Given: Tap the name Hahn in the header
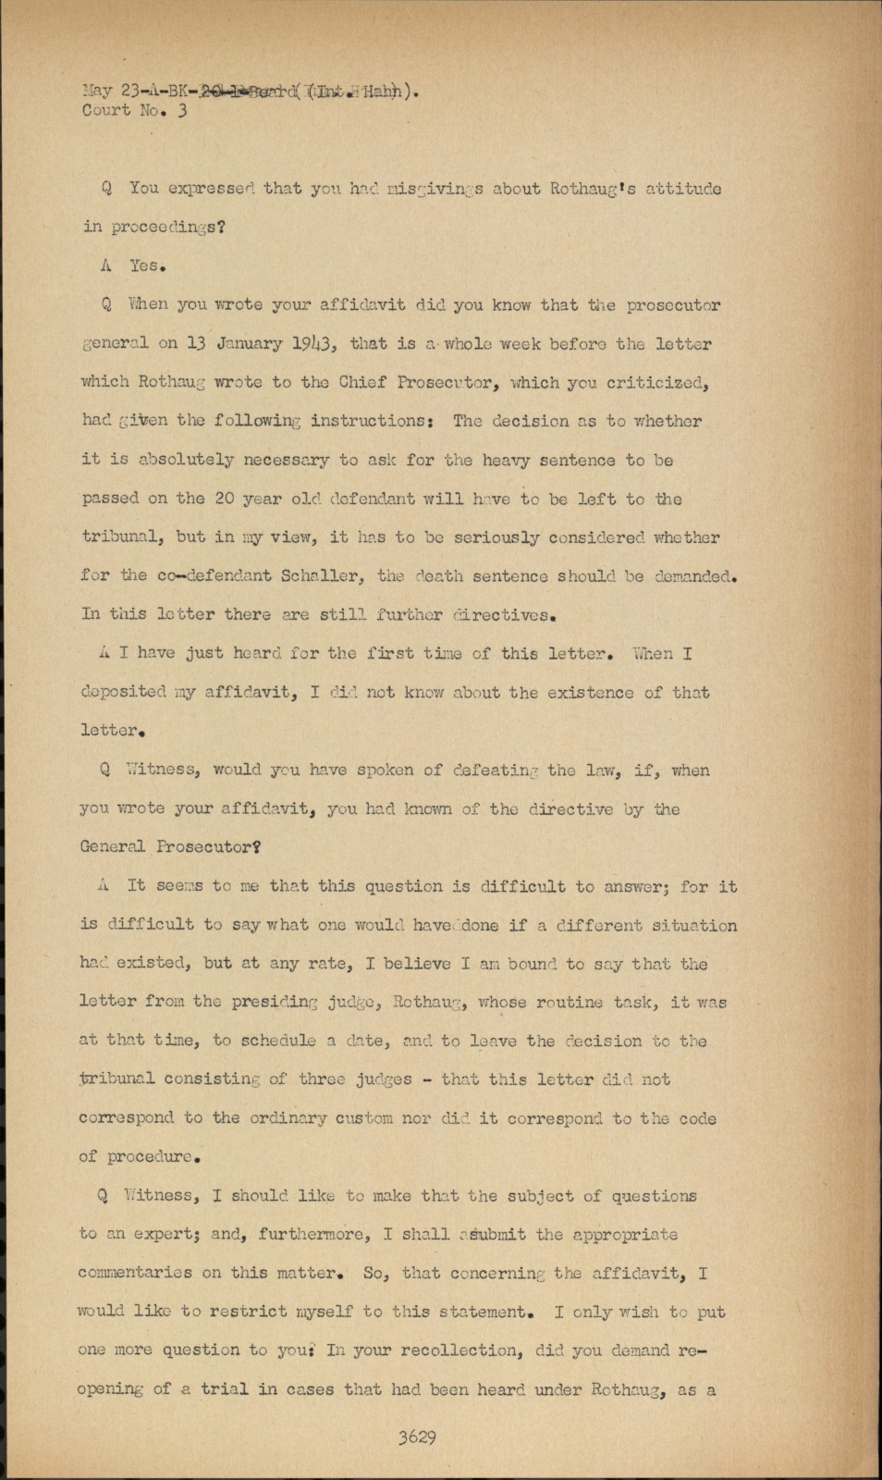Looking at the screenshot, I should pos(393,92).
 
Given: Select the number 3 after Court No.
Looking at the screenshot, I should pos(182,112).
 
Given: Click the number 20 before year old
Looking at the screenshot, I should pos(224,499).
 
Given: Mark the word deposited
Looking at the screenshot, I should pos(123,692).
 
